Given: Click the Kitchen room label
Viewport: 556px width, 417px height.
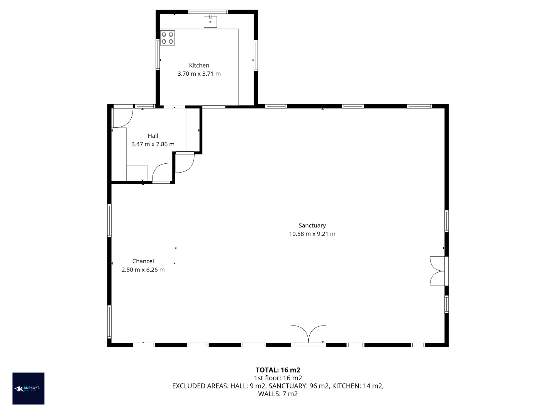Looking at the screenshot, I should pos(199,65).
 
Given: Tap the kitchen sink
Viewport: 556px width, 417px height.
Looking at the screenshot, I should pos(210,22).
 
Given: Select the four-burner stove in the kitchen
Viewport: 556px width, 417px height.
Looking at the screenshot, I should pos(168,38).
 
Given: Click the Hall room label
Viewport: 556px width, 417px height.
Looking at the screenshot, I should pos(153,136).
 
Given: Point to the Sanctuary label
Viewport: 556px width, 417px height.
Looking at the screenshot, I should pos(312,225).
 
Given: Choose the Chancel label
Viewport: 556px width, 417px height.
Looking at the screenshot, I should pos(143,261).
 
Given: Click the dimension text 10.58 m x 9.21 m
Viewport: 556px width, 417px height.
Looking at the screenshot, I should pos(312,234).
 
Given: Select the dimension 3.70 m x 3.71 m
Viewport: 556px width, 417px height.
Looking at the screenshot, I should pos(199,74).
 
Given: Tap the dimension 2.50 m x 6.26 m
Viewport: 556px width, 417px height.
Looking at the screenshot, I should pos(143,270).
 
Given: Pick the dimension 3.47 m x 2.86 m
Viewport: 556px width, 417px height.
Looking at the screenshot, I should pos(153,144).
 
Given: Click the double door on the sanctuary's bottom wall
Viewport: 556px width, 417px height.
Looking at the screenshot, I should pos(308,335).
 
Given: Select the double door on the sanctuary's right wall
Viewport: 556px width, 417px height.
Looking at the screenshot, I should pos(439,271).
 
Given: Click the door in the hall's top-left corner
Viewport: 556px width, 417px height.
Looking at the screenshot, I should pos(123,117).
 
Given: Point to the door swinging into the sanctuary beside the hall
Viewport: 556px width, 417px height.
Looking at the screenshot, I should pos(185,163).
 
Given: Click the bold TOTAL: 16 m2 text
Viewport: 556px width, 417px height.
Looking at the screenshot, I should pos(278,370).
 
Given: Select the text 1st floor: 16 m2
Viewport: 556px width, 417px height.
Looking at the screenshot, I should pos(278,378).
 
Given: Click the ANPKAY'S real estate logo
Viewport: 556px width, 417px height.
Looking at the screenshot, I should pos(29,388).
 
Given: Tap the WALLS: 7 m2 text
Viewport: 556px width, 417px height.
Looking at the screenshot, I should pos(278,394).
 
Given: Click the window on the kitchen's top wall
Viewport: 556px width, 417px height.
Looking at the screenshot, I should pos(208,12).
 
